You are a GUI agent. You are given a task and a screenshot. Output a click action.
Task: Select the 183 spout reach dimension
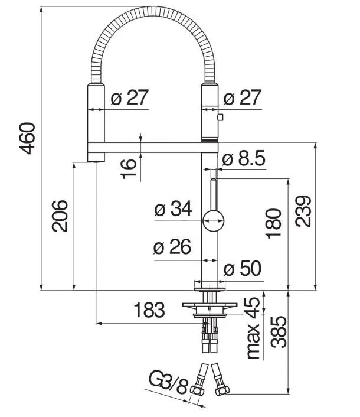(149, 310)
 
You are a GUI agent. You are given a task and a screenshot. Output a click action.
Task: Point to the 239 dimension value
(303, 211)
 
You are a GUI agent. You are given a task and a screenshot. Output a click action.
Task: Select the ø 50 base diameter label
(242, 269)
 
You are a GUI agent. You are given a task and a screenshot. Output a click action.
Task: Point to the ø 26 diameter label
(172, 248)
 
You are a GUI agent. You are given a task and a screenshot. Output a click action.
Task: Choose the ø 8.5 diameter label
(244, 159)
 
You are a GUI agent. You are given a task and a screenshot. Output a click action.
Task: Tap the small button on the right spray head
(221, 119)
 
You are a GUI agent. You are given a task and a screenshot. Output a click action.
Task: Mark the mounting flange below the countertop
(210, 306)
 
